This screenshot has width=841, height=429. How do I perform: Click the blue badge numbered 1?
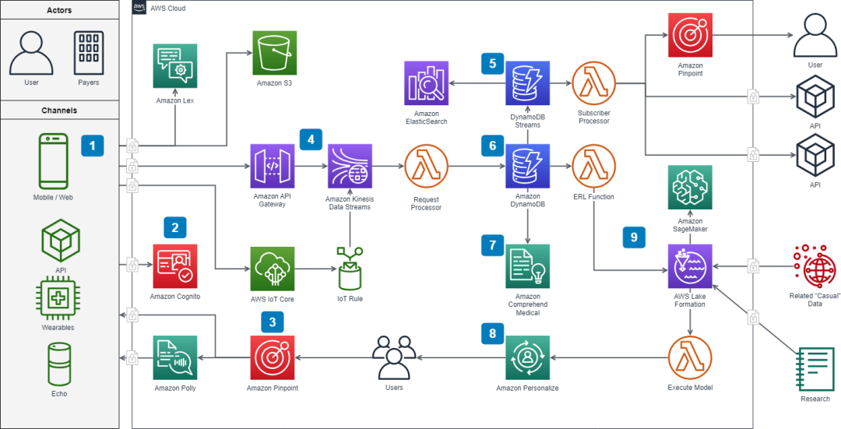coord(93,145)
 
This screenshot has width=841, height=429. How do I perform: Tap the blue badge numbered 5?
coord(492,63)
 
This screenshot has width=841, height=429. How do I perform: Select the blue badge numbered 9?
coord(633,237)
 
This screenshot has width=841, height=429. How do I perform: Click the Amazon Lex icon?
coord(175,65)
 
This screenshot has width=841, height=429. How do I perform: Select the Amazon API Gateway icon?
coord(273,167)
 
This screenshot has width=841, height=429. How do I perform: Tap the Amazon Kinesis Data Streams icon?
coord(350,167)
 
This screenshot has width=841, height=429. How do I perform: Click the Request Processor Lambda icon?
coord(426,167)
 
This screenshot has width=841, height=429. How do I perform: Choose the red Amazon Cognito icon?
coord(175,266)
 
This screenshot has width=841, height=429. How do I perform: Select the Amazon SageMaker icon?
coord(689,188)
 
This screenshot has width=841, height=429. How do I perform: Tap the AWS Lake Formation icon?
coord(689,267)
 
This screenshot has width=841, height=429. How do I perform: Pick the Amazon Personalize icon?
coord(528,358)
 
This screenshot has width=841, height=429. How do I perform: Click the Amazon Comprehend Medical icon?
coord(528,266)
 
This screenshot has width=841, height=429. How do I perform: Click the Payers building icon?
coord(88,53)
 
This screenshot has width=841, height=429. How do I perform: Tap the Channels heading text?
coord(59,111)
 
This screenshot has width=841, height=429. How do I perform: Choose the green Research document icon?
coord(814,370)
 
